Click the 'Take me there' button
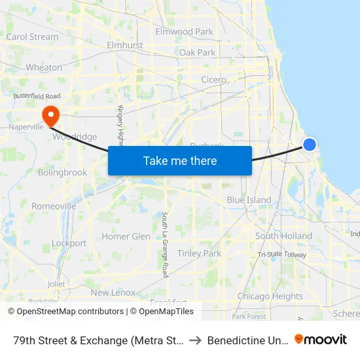pyautogui.click(x=180, y=160)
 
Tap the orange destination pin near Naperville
pyautogui.click(x=50, y=116)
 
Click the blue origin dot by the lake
pyautogui.click(x=310, y=145)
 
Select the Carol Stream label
pyautogui.click(x=32, y=37)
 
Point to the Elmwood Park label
pyautogui.click(x=184, y=31)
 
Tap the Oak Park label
pyautogui.click(x=197, y=52)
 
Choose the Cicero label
pyautogui.click(x=213, y=80)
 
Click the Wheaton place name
pyautogui.click(x=44, y=67)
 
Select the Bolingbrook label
pyautogui.click(x=62, y=173)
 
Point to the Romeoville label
pyautogui.click(x=54, y=206)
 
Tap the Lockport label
pyautogui.click(x=69, y=243)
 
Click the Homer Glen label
pyautogui.click(x=126, y=236)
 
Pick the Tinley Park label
pyautogui.click(x=199, y=253)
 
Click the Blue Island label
pyautogui.click(x=249, y=200)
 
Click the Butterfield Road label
pyautogui.click(x=41, y=96)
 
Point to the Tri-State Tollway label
pyautogui.click(x=281, y=255)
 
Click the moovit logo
pyautogui.click(x=320, y=340)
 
